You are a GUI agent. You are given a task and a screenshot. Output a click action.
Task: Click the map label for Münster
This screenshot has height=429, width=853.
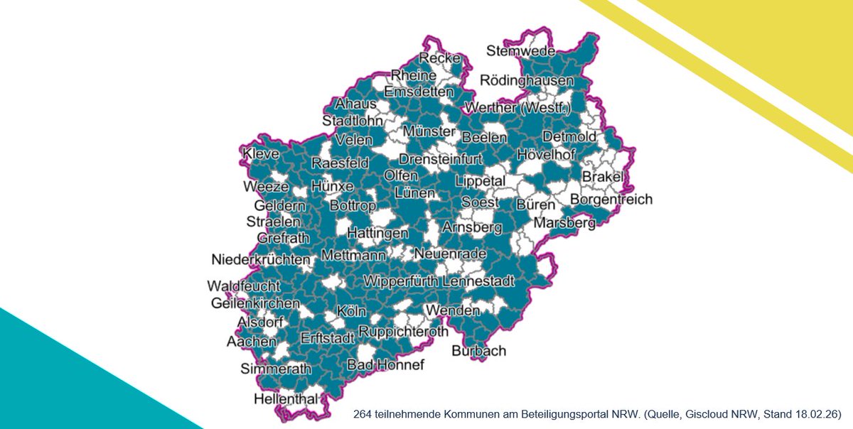coord(429,132)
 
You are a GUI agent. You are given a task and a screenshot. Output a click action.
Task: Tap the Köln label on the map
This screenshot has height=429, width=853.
coord(352,312)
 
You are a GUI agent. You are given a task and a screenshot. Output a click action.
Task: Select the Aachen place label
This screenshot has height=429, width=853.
coord(252,342)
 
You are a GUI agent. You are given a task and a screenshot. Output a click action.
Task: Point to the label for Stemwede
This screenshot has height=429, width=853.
coord(521,51)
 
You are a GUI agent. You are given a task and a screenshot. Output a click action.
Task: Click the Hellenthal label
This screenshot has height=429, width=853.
coord(286,399)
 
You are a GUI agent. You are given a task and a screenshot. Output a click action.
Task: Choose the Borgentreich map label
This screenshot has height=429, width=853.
coord(611,200)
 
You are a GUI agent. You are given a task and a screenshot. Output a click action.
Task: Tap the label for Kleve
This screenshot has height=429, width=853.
coord(261,154)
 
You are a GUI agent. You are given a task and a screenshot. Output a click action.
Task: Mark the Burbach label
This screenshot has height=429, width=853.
coord(479,351)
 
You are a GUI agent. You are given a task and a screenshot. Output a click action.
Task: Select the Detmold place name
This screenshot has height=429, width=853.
coord(569,136)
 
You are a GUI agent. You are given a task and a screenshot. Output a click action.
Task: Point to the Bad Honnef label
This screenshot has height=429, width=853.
coord(385,365)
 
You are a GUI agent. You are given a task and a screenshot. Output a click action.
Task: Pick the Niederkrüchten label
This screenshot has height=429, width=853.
coord(262,259)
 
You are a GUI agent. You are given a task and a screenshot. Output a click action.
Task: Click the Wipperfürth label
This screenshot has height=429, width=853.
coord(400,281)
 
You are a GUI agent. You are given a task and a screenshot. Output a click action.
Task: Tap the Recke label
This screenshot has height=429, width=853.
coord(440,58)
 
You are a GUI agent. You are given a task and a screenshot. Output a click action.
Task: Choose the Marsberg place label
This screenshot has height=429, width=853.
coord(564,224)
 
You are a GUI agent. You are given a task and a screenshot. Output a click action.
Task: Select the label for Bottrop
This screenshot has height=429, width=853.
coord(353,206)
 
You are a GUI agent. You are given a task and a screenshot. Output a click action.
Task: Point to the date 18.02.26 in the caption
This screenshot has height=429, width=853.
coord(817,413)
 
